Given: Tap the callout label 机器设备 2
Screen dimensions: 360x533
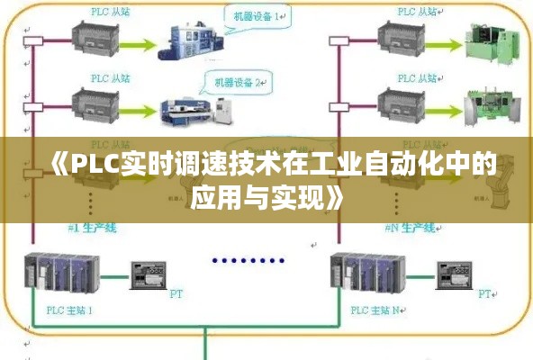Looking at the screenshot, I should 237,83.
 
